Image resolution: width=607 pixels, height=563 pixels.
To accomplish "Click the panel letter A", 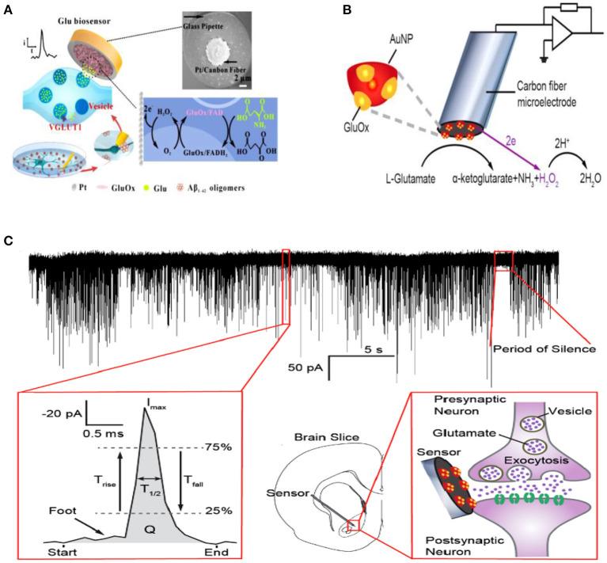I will [9, 10].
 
